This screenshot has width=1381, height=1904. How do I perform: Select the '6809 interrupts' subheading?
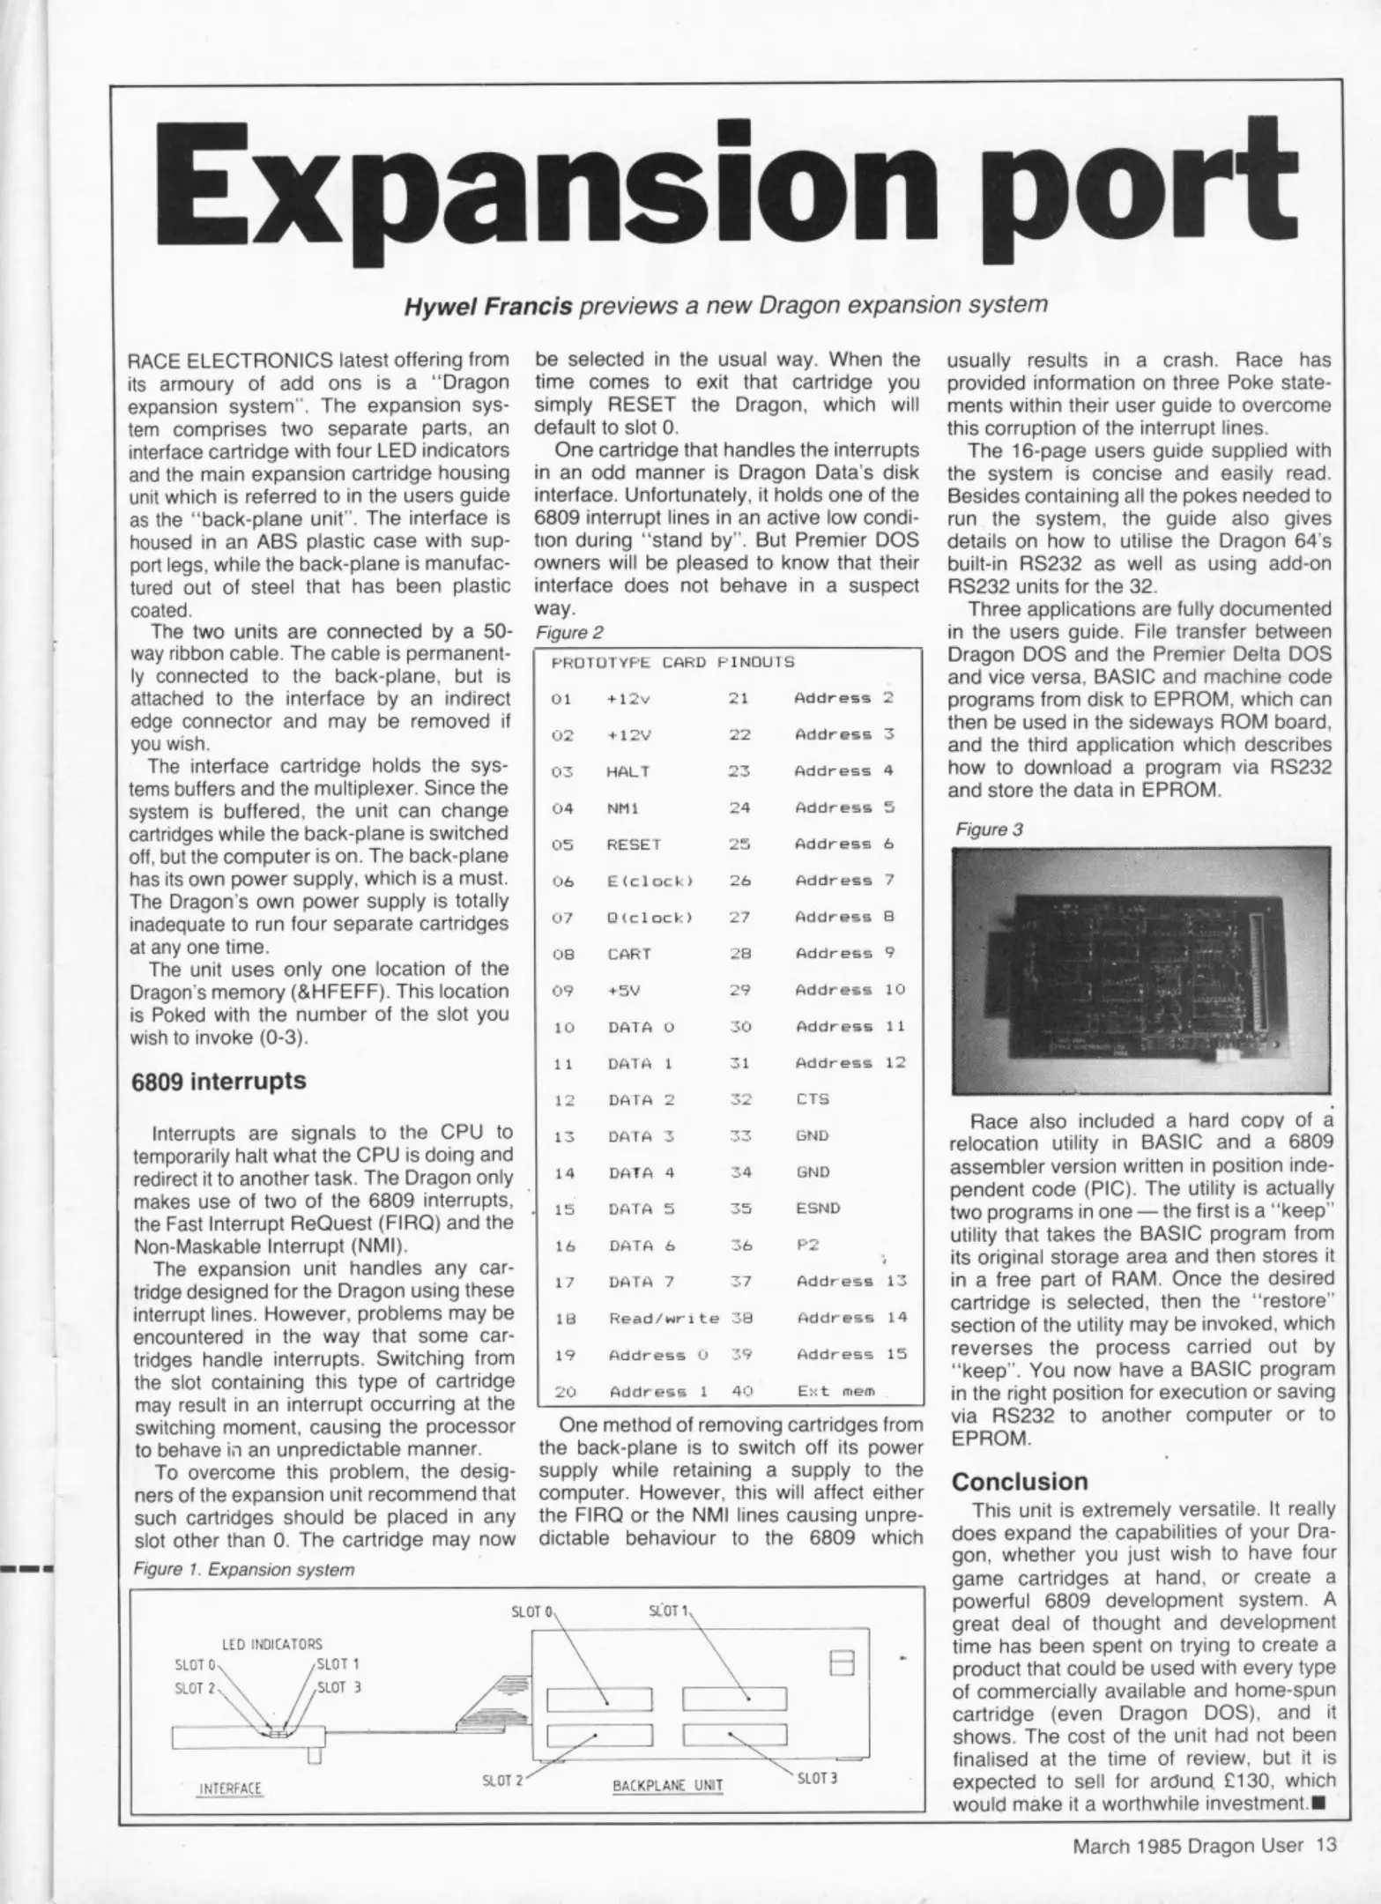219,1081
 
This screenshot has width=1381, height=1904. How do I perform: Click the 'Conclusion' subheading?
1020,1481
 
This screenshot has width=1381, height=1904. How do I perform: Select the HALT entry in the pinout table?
627,771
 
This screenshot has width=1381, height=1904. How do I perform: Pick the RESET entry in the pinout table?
633,844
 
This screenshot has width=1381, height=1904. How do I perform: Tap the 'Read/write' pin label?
664,1318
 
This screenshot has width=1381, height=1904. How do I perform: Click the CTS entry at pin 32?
812,1099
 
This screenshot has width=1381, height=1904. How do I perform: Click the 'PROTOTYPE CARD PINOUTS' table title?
672,661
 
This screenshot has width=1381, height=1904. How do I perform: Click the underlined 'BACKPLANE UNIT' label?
667,1786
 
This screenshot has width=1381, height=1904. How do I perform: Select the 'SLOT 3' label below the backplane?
816,1778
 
